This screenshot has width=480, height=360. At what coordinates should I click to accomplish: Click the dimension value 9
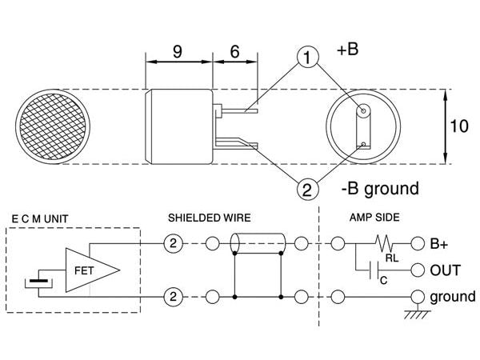[x=178, y=54]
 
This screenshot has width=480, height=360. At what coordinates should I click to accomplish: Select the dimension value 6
[x=235, y=54]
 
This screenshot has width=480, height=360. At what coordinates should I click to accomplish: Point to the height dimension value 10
[x=458, y=126]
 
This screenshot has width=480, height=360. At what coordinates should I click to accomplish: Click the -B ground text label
[x=379, y=189]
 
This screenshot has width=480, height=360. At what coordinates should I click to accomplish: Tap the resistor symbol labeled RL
[x=386, y=242]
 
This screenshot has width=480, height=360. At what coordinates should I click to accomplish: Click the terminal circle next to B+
[x=416, y=242]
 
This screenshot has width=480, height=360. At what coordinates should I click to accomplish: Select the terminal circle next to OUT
[x=416, y=270]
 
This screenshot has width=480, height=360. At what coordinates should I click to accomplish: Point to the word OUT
[x=445, y=270]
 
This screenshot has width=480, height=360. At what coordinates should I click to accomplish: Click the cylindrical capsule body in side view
[x=179, y=126]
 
